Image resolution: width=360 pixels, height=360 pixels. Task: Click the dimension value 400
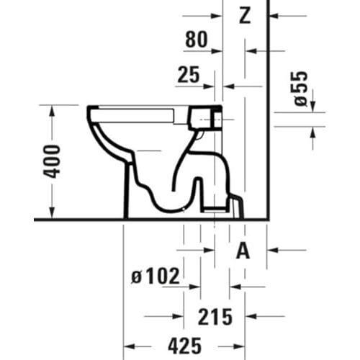point(51,162)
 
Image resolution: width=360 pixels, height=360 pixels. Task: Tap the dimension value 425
point(184,346)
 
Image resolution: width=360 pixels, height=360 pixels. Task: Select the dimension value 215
point(215,317)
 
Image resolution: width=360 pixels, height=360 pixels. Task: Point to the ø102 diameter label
point(156,276)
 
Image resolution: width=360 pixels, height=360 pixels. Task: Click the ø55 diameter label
point(301,89)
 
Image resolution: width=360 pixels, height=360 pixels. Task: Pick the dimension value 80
point(196,40)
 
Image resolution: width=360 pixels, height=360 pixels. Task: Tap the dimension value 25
point(189,74)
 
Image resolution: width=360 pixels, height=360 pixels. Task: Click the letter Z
point(245,15)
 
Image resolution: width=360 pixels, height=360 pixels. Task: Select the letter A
point(243,251)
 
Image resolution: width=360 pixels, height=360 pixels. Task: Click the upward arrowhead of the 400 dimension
point(52,111)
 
